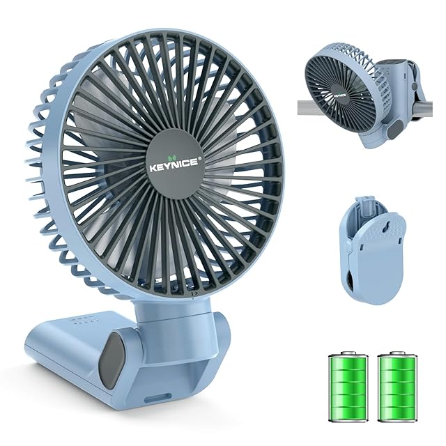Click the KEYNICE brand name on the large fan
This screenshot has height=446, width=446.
coord(174,166)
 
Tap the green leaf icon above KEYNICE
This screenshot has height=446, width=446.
coord(172,157)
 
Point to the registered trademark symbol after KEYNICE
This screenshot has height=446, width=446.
coord(200,160)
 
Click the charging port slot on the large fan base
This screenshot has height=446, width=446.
coord(158,398)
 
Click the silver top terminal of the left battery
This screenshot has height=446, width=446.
coord(348,353)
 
